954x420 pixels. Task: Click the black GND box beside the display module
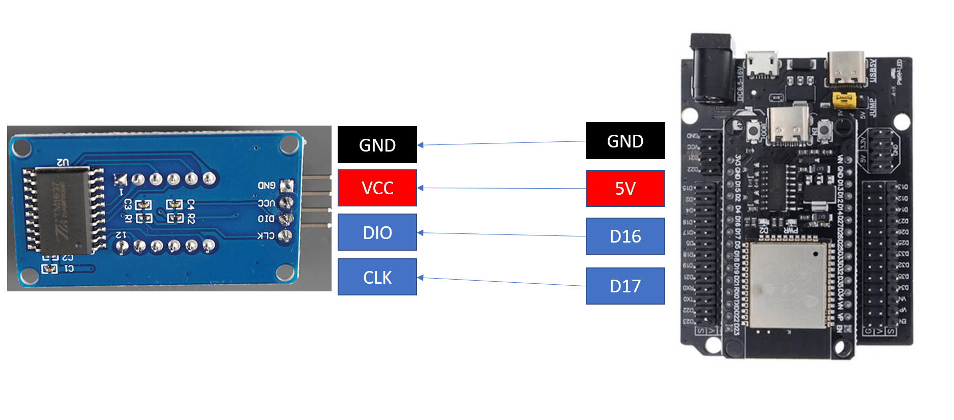click(x=377, y=145)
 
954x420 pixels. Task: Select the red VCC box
click(x=377, y=188)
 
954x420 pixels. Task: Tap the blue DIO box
click(x=377, y=232)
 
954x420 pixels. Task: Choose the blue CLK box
click(x=377, y=277)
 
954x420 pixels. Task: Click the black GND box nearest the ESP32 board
click(x=625, y=141)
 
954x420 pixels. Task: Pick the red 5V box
click(x=625, y=189)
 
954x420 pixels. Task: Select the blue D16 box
click(x=625, y=236)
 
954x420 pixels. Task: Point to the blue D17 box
click(x=625, y=286)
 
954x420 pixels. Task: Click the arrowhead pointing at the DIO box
click(x=420, y=233)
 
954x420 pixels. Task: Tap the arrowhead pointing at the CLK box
click(x=420, y=278)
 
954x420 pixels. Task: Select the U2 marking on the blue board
click(x=63, y=162)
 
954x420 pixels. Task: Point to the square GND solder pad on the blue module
click(x=286, y=186)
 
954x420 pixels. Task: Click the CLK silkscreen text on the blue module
click(x=265, y=236)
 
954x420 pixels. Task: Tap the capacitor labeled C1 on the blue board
click(x=50, y=268)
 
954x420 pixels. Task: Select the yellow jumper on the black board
click(x=844, y=100)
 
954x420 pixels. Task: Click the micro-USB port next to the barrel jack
click(x=761, y=65)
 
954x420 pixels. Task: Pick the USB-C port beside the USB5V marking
click(x=845, y=69)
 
